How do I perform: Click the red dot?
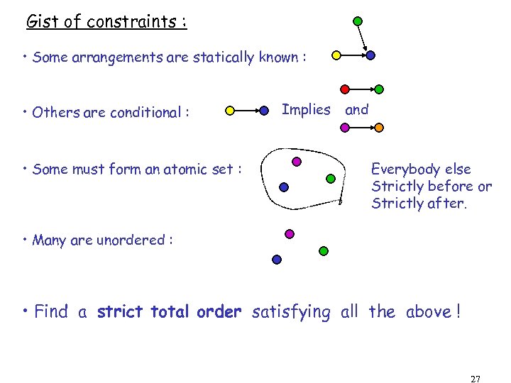(x=345, y=89)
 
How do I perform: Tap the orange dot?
(x=379, y=128)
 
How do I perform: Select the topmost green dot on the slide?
(x=358, y=21)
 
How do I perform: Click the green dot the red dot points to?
(x=379, y=89)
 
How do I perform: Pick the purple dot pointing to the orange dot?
(x=345, y=128)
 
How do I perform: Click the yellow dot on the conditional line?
(x=229, y=111)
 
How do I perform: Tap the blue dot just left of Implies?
(x=264, y=111)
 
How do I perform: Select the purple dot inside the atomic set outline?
(x=297, y=162)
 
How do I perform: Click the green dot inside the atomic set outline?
(x=329, y=178)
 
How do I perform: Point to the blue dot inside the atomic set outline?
(x=284, y=187)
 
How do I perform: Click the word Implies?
(x=306, y=110)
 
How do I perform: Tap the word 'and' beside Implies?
(x=356, y=110)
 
